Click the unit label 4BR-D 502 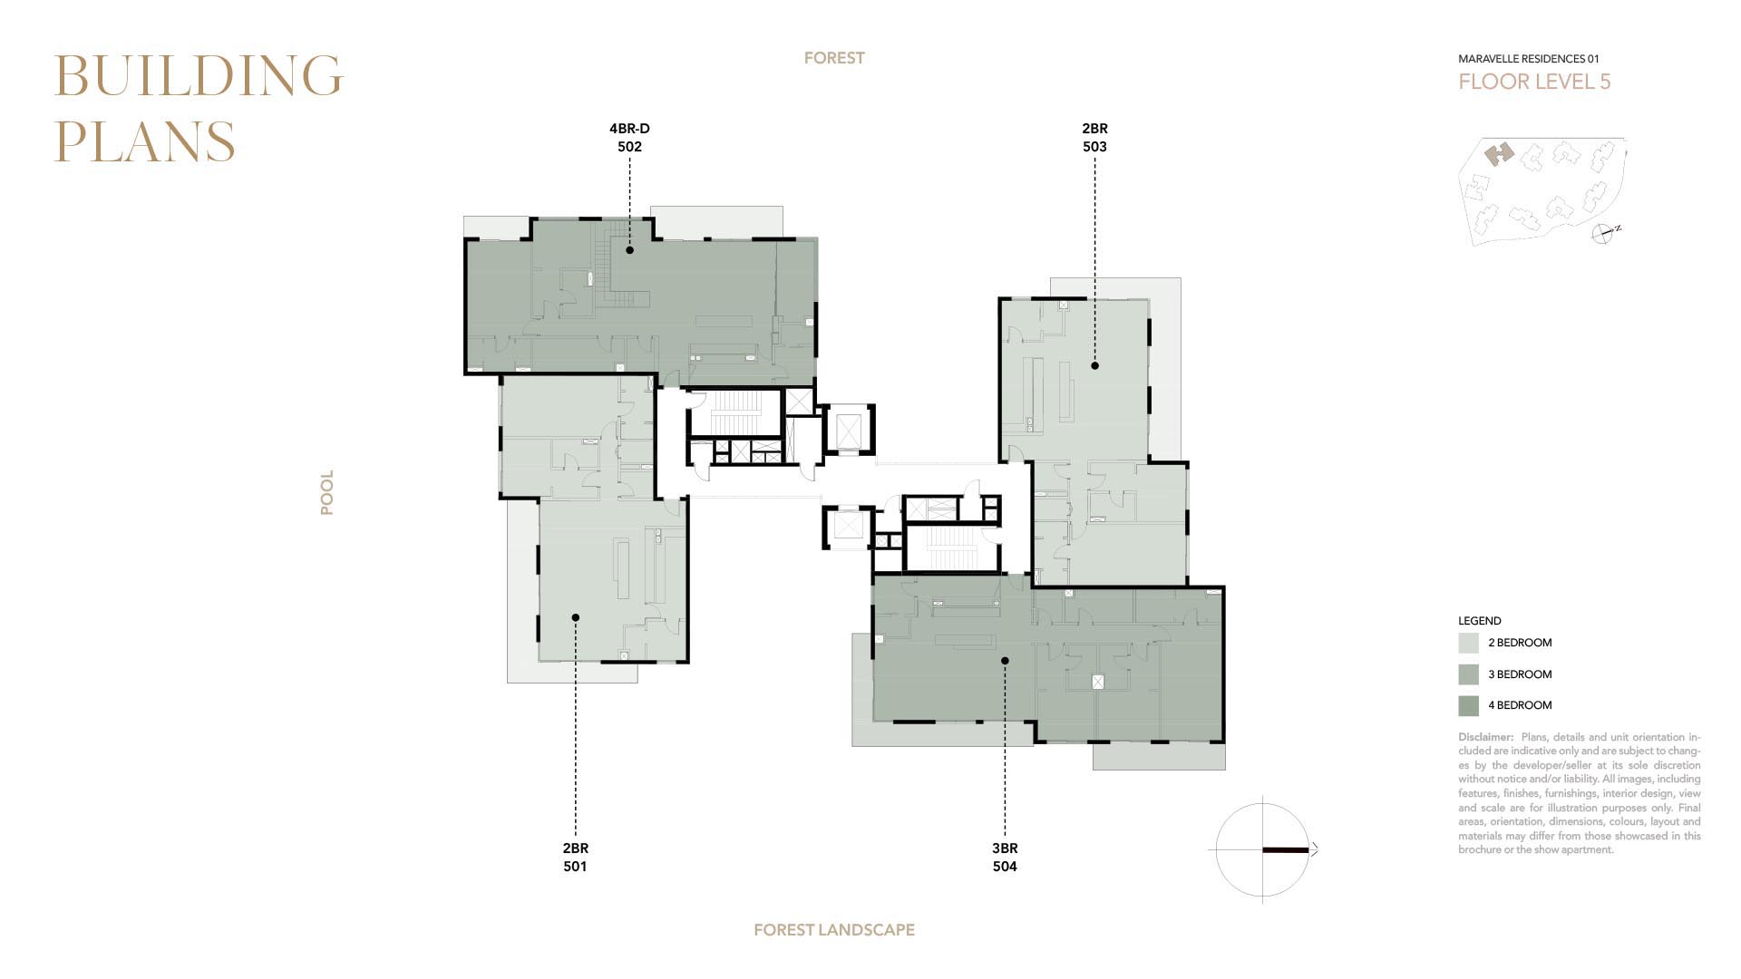629,138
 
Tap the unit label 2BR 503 1094,138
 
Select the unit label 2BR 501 575,858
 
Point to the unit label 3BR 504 1005,858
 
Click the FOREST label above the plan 834,58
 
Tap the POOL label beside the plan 326,492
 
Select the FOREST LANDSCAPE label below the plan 834,930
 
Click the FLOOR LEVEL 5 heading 1534,82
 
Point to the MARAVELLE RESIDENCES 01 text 1529,59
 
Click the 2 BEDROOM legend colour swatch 1468,644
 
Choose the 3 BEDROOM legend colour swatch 1468,674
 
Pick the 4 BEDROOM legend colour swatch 1468,705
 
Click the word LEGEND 1480,621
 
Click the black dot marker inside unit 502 629,249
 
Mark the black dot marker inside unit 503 1094,365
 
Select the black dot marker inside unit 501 575,617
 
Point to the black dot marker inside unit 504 1005,661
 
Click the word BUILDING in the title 199,75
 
